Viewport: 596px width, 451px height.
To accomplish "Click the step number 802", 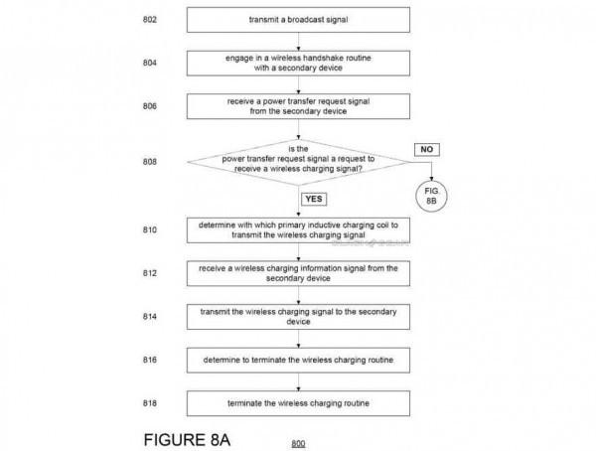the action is tap(150, 20).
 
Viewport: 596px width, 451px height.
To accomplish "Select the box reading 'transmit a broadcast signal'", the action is tap(298, 20).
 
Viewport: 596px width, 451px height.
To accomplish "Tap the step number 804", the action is tap(150, 63).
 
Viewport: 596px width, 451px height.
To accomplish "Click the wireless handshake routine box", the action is tap(298, 64).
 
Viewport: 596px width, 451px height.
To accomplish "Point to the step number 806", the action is tap(150, 106).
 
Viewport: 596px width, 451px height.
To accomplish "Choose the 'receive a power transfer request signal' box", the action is tap(298, 106).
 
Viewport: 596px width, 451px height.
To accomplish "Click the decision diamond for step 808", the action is tap(298, 162).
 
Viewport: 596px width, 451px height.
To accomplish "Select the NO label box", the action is tap(427, 149).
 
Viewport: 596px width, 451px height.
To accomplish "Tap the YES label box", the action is tap(314, 199).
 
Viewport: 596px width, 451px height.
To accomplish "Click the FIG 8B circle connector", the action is tap(431, 196).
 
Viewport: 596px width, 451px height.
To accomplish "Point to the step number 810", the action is tap(150, 230).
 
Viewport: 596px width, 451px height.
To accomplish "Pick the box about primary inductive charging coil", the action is tap(298, 230).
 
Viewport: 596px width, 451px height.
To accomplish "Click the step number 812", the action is tap(150, 273).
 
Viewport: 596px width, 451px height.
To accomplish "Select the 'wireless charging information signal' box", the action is tap(298, 273).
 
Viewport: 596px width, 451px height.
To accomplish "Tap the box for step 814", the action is tap(298, 317).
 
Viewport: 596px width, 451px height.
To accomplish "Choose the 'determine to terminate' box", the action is tap(298, 361).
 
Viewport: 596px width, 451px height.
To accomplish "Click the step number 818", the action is tap(150, 403).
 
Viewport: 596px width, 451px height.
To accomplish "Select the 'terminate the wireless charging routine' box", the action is tap(298, 403).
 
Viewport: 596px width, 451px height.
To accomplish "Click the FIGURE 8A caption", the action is tap(187, 440).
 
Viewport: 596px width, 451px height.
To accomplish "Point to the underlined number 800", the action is tap(298, 443).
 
